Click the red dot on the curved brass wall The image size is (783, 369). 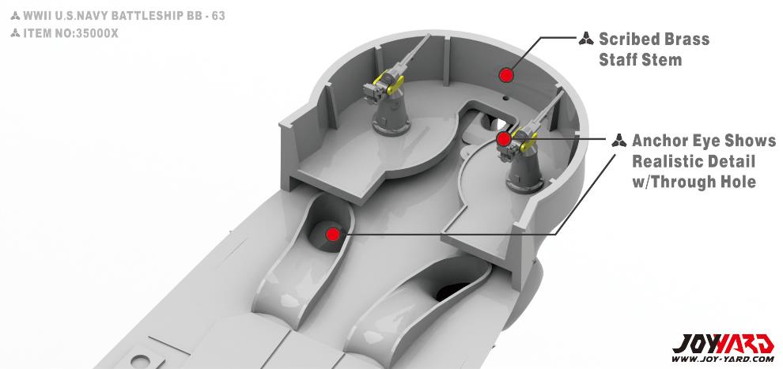click(x=506, y=75)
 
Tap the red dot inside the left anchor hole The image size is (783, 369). click(x=332, y=234)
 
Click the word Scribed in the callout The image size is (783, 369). click(x=630, y=39)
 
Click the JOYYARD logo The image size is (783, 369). click(x=723, y=344)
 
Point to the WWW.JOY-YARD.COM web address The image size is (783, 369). click(x=723, y=359)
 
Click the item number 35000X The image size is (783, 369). click(x=96, y=33)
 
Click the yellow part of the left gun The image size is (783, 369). click(x=389, y=82)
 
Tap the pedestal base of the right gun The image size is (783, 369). click(x=525, y=182)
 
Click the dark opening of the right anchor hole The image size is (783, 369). click(x=455, y=292)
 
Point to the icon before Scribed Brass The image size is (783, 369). click(x=586, y=39)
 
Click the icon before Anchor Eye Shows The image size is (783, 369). click(x=618, y=140)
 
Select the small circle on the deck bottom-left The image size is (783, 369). click(x=140, y=361)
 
